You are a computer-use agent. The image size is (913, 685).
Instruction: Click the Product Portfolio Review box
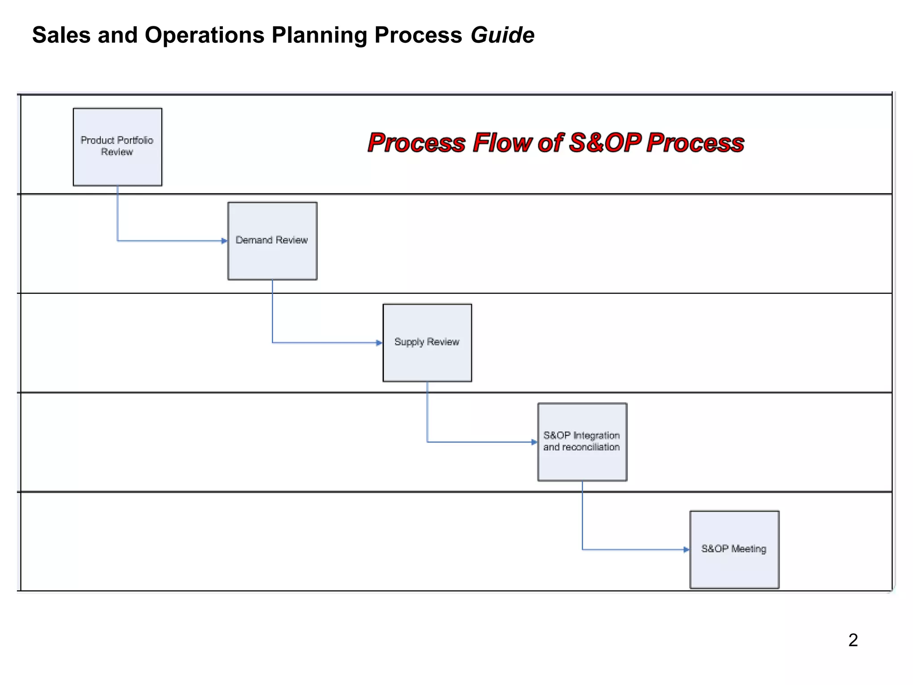118,147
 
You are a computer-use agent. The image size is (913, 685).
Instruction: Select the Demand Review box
272,241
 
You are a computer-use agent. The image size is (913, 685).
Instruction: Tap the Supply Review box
427,342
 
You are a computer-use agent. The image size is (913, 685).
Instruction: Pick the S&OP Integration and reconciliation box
582,442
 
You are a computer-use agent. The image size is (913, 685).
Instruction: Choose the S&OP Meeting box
734,549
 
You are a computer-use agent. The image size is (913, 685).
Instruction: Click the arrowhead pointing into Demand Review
224,241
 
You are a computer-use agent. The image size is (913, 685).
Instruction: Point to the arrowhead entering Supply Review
379,343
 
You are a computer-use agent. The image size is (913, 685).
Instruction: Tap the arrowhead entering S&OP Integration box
534,442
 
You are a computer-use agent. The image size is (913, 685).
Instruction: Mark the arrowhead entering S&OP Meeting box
686,549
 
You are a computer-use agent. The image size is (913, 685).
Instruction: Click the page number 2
853,640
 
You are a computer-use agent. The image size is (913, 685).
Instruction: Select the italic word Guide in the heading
502,35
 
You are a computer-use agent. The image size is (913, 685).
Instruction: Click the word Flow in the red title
502,143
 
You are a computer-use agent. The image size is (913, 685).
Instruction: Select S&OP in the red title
605,143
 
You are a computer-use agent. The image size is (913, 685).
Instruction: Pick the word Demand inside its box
254,240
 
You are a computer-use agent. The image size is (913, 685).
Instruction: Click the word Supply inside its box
409,342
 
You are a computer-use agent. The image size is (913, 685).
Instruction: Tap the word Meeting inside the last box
748,549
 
